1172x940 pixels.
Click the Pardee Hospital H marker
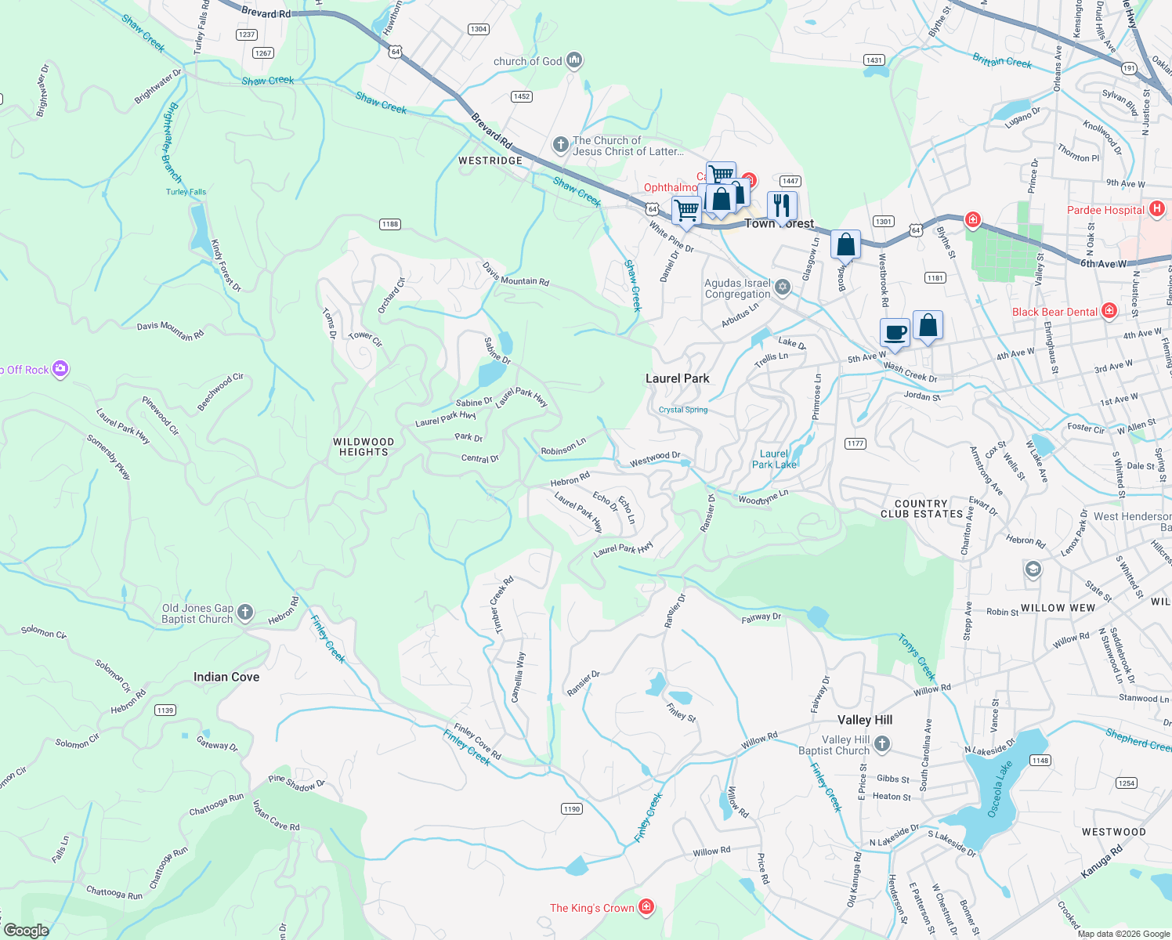point(1157,209)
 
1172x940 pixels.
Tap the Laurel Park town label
point(677,378)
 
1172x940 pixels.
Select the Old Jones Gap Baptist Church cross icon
point(245,613)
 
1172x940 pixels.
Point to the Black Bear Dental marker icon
point(1109,311)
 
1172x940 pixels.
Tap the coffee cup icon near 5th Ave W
point(895,332)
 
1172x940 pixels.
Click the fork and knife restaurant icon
point(781,205)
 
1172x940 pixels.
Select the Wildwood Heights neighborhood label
point(364,446)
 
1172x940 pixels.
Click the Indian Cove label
point(226,677)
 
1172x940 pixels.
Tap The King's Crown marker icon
point(646,907)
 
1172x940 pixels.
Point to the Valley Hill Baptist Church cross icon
point(882,744)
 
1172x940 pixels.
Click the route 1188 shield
point(390,224)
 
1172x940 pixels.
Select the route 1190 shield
point(572,809)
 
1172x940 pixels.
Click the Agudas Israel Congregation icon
point(782,288)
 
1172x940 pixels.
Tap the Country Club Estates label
point(921,509)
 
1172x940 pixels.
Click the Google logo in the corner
point(26,931)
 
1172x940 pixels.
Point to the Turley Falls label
point(186,192)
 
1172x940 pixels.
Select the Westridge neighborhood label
point(490,161)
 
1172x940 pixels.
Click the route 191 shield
point(1129,69)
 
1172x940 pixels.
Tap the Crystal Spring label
point(683,410)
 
